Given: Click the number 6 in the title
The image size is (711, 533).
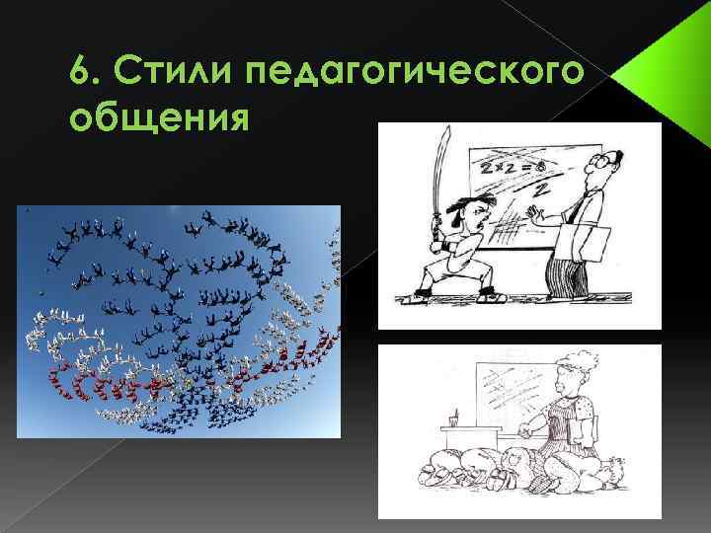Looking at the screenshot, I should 82,72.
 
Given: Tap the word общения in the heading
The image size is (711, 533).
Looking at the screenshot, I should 157,117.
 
